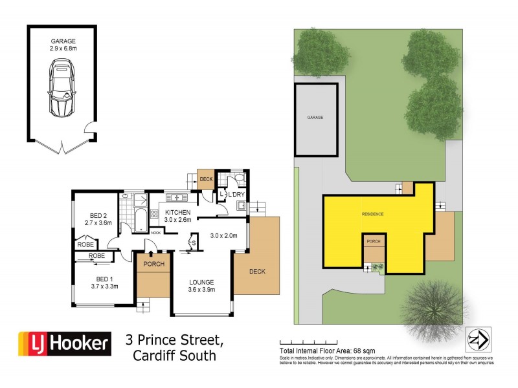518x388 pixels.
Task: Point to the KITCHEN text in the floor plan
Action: pos(178,212)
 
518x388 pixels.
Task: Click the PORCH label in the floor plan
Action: pos(153,264)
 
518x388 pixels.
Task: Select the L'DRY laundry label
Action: pos(234,194)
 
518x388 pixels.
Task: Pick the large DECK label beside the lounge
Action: pos(256,271)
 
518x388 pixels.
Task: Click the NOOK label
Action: pos(156,232)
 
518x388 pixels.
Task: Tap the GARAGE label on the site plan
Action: pos(315,118)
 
